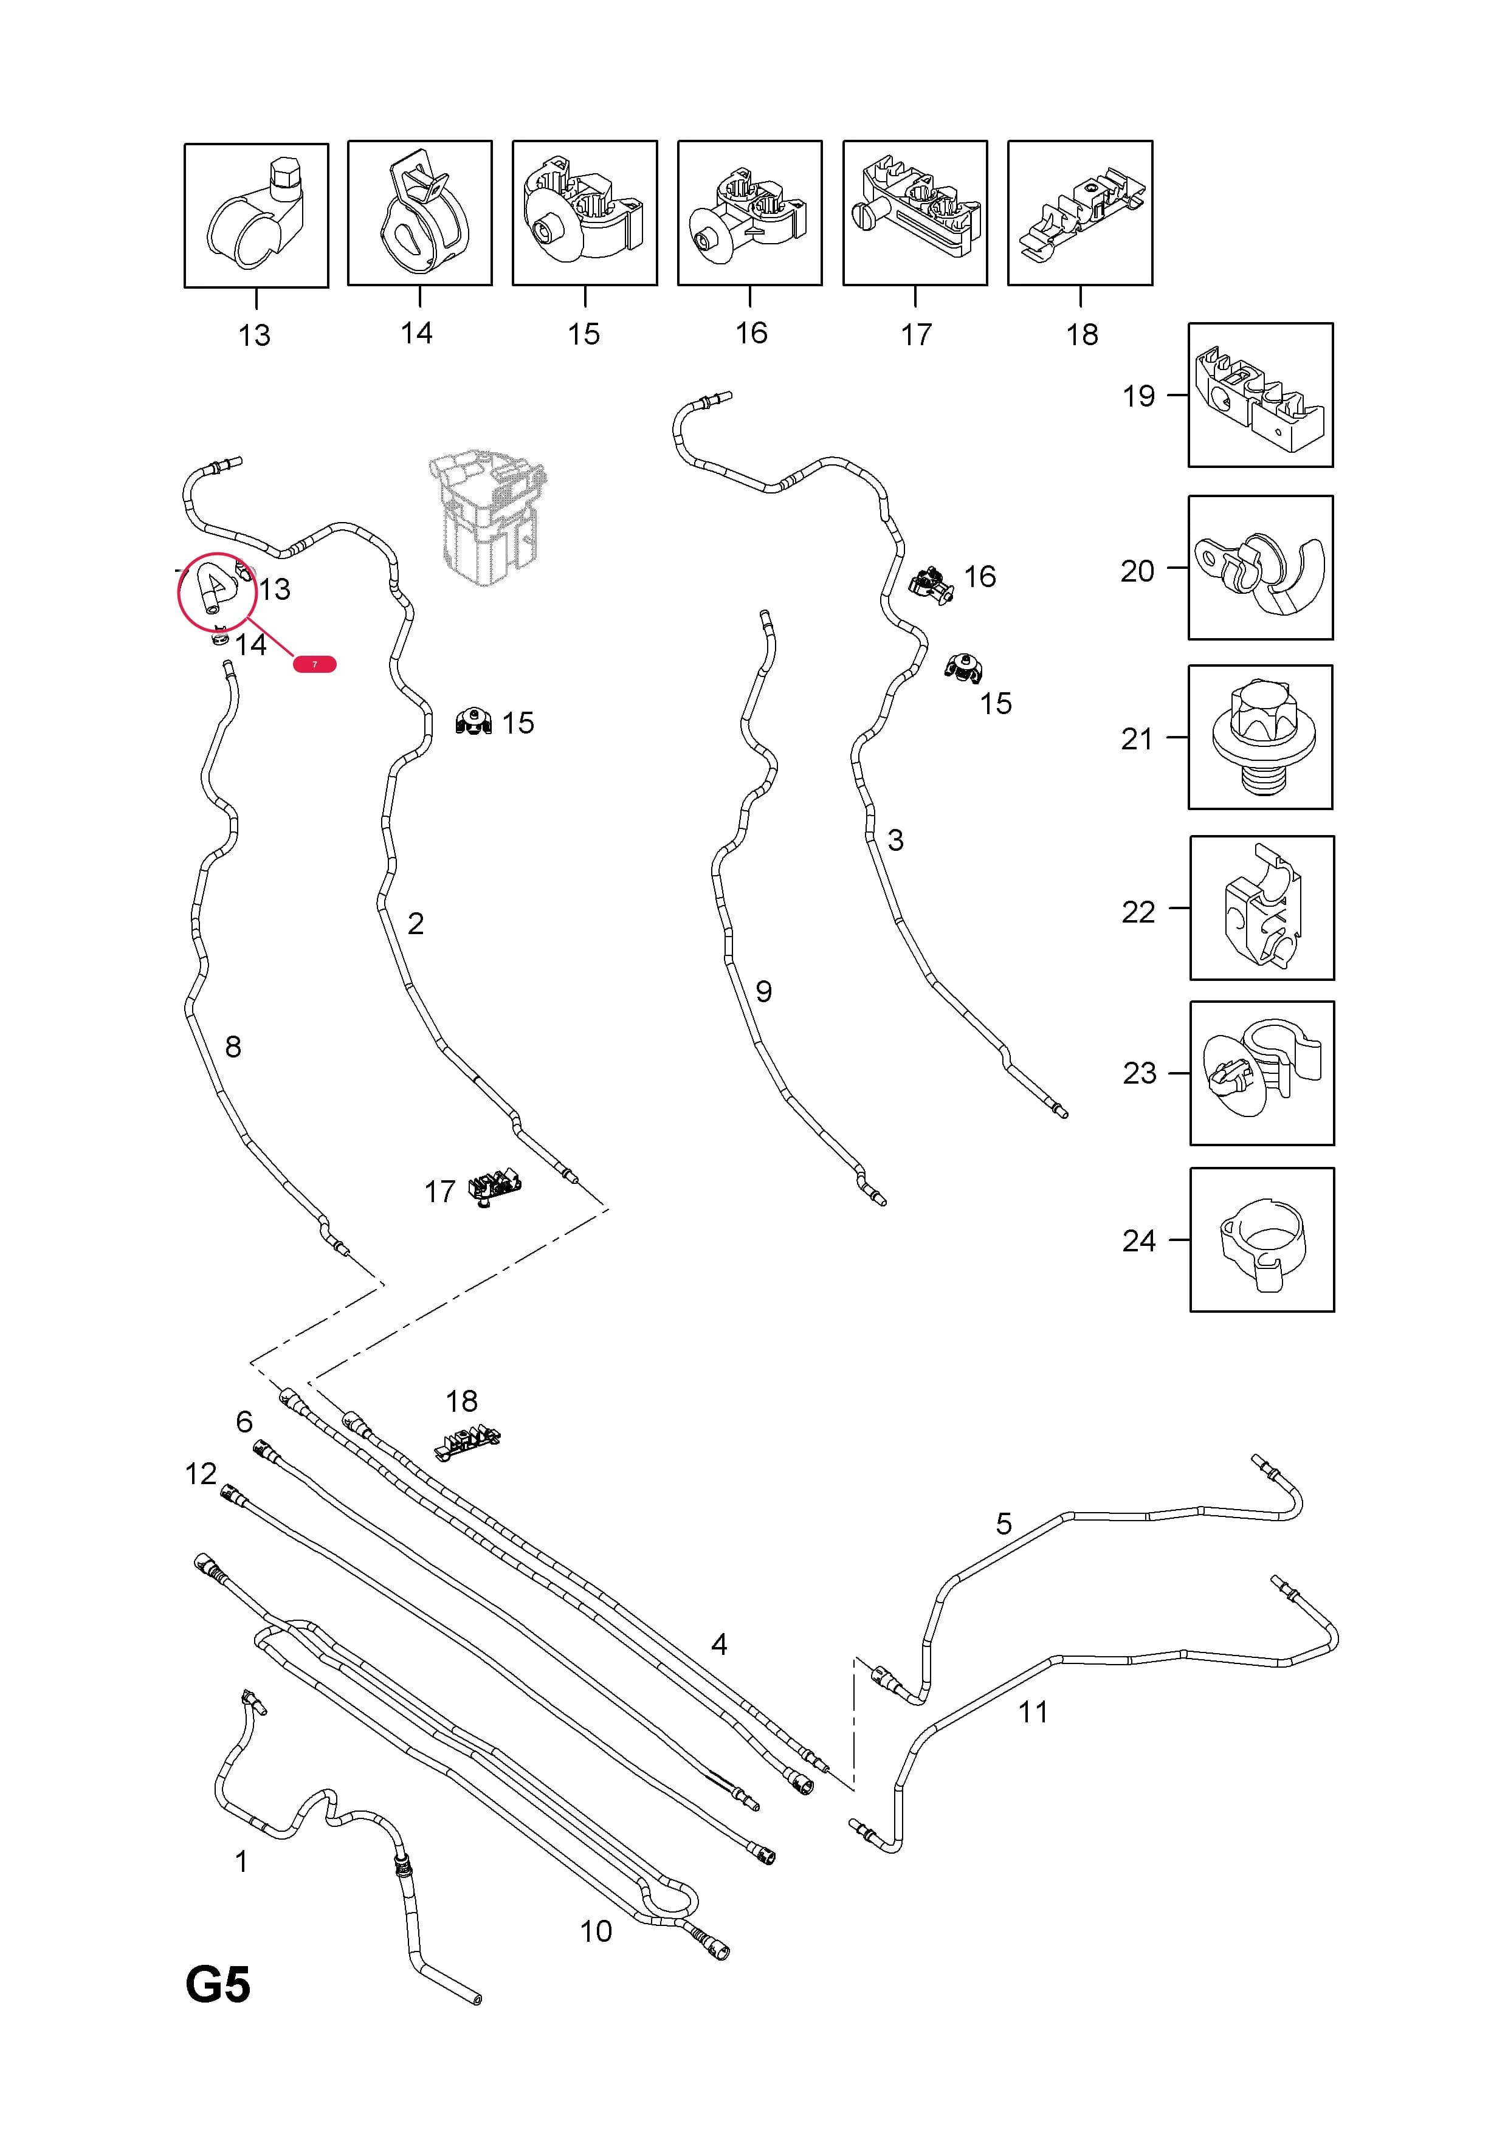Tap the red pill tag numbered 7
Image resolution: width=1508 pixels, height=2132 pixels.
click(315, 664)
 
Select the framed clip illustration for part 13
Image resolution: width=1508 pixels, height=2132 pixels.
click(256, 215)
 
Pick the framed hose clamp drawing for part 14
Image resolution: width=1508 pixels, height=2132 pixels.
click(420, 213)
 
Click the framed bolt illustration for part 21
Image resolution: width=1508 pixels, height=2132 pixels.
click(1260, 737)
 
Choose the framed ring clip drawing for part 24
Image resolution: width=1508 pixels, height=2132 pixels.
click(1262, 1240)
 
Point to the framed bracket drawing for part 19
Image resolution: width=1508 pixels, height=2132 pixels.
click(1260, 394)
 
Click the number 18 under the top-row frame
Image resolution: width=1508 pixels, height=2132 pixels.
click(1082, 334)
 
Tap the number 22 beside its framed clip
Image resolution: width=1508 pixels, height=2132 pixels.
click(1138, 912)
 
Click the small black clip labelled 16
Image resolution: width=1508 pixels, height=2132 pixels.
click(931, 585)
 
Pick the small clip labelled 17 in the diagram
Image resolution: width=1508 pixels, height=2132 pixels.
click(495, 1188)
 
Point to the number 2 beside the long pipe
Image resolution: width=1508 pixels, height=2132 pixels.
click(415, 923)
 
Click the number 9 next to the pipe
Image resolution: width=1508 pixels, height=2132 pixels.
click(763, 992)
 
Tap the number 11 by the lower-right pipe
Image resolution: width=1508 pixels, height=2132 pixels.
click(1033, 1711)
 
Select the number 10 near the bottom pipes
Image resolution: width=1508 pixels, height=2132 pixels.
click(596, 1930)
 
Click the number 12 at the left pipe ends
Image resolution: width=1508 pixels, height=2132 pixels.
click(201, 1474)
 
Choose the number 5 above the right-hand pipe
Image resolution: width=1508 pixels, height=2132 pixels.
click(1004, 1523)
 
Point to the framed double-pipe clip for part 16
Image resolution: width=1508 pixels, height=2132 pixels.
click(750, 213)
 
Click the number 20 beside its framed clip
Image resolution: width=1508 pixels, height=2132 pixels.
click(1137, 571)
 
